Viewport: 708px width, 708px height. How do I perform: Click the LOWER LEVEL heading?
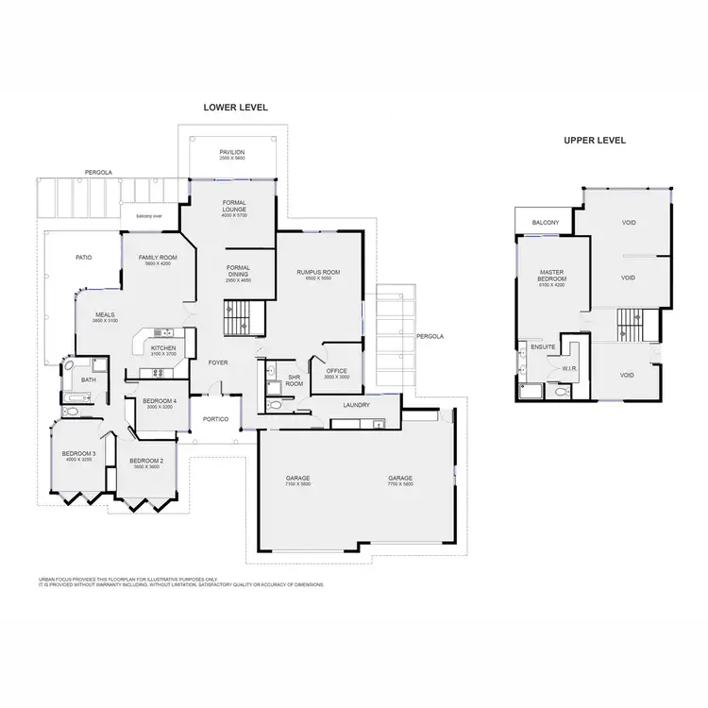pyautogui.click(x=236, y=108)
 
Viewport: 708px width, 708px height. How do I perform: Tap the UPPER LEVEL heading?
pyautogui.click(x=595, y=140)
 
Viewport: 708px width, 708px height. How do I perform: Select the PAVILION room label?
pyautogui.click(x=232, y=152)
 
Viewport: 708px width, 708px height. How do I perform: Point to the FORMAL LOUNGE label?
pyautogui.click(x=234, y=207)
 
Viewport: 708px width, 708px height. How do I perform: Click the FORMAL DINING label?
pyautogui.click(x=238, y=271)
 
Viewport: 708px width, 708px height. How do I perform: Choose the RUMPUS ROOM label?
pyautogui.click(x=318, y=272)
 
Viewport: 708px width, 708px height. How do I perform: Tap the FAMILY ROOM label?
pyautogui.click(x=158, y=258)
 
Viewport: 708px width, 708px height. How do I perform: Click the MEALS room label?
pyautogui.click(x=105, y=316)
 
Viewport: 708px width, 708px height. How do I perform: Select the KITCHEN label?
pyautogui.click(x=163, y=347)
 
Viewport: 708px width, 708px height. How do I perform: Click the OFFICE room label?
pyautogui.click(x=337, y=371)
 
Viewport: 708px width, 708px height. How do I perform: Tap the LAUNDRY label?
pyautogui.click(x=357, y=405)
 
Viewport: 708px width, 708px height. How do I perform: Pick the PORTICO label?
pyautogui.click(x=216, y=419)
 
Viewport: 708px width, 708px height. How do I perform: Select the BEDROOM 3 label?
pyautogui.click(x=79, y=454)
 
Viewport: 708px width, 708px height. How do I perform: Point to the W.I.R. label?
pyautogui.click(x=569, y=369)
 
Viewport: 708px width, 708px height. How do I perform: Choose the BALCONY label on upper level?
pyautogui.click(x=546, y=222)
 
